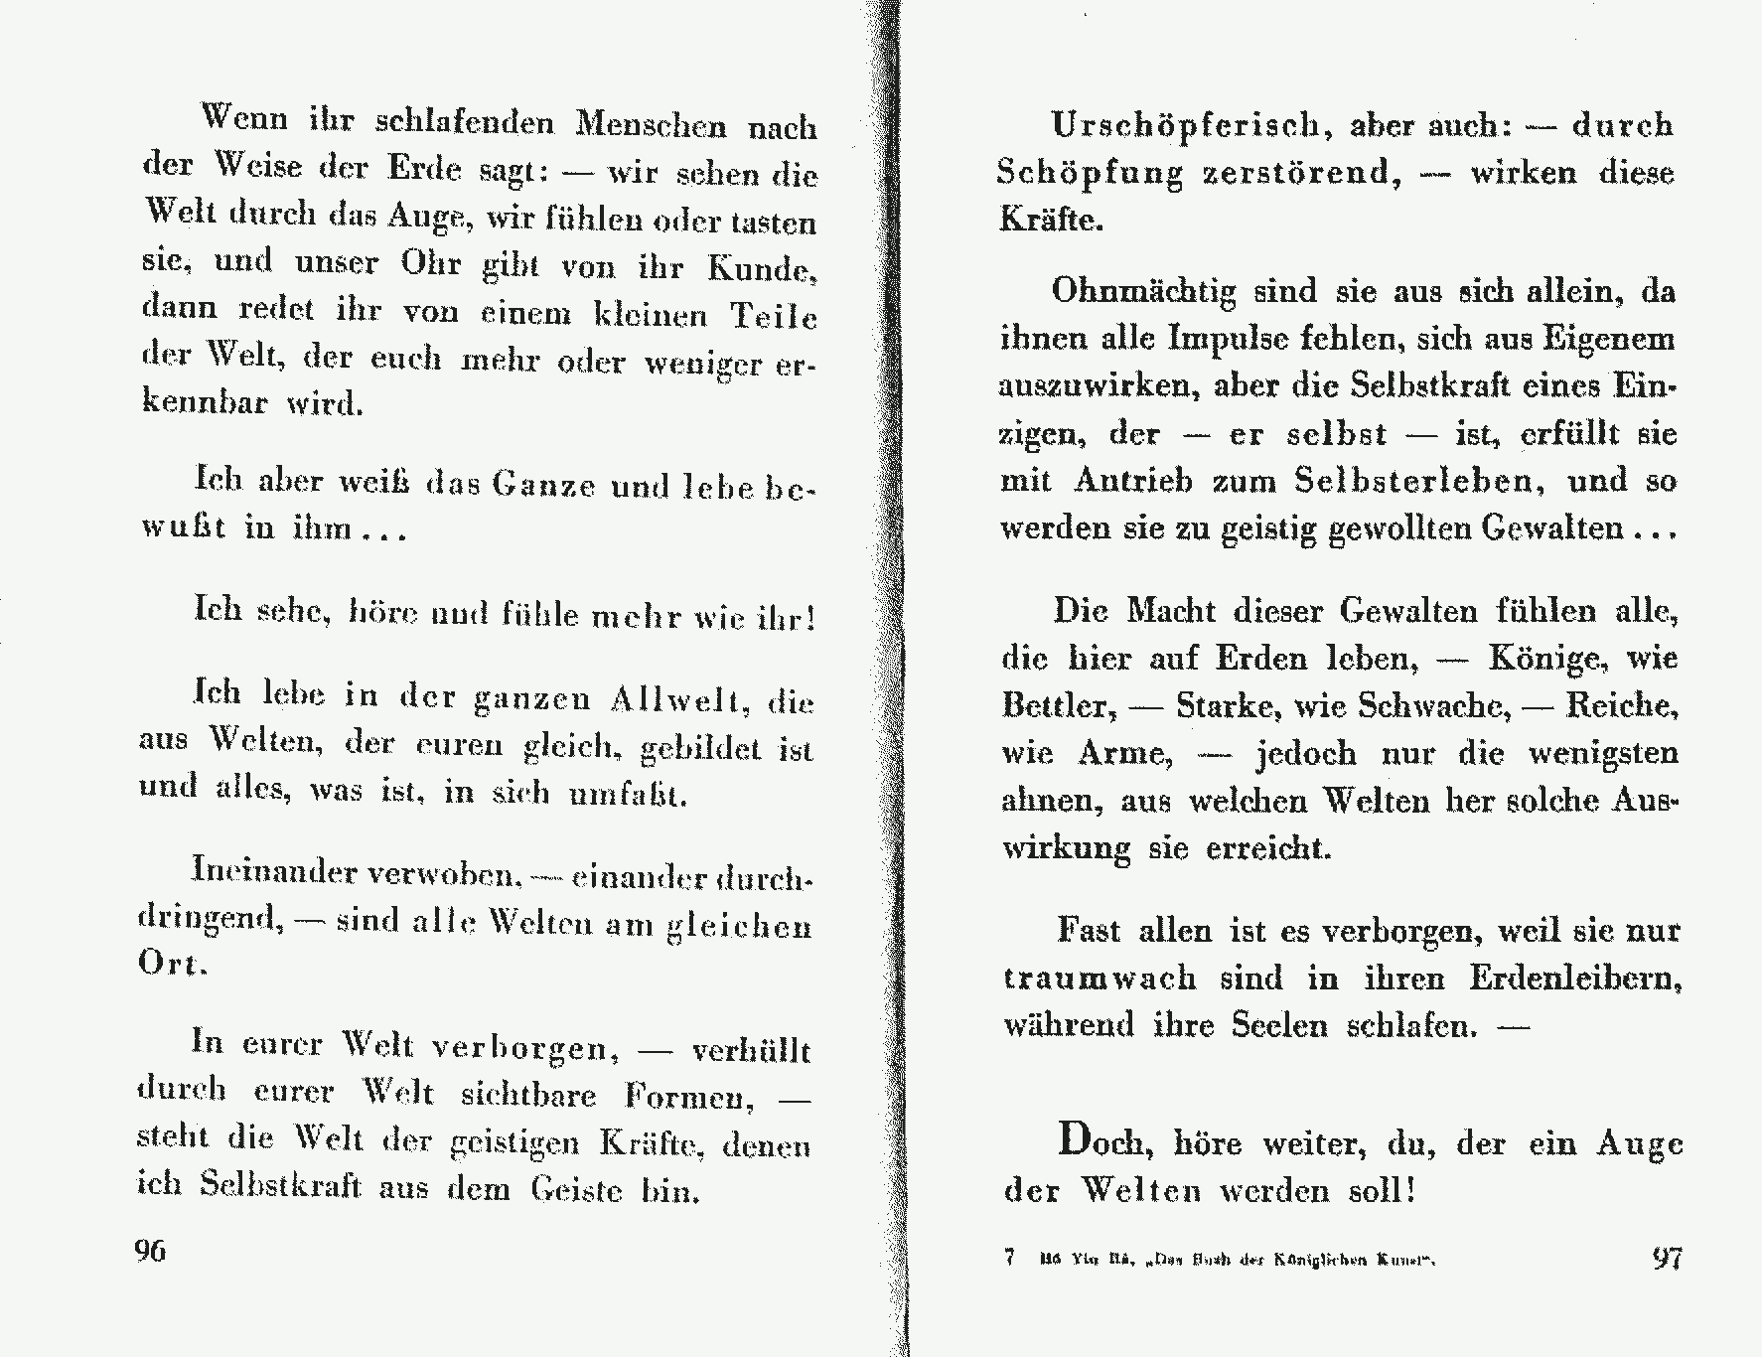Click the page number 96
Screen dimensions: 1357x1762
click(150, 1251)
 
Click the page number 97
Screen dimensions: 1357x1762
click(1667, 1258)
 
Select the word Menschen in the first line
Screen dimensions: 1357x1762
click(651, 125)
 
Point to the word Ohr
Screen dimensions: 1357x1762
click(430, 264)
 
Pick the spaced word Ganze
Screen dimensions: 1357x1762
click(543, 486)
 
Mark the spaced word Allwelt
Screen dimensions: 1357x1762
click(677, 701)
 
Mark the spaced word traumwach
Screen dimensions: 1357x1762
click(1100, 978)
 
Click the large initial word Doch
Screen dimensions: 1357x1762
click(1105, 1140)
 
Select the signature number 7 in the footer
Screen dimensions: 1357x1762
click(1009, 1259)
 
